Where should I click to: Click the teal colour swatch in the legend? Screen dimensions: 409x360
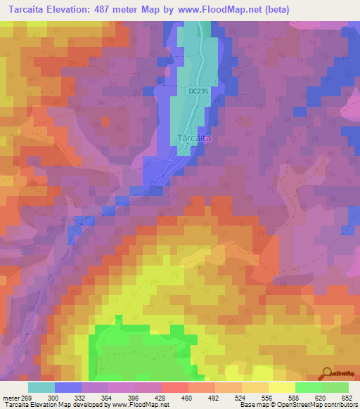pos(41,387)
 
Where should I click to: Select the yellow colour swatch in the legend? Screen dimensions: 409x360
pos(282,387)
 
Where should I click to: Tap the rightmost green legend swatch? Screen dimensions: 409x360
pos(335,387)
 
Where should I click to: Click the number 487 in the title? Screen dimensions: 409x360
pos(110,10)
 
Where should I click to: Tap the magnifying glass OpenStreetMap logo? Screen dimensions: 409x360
pos(327,373)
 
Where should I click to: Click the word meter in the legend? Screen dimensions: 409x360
pos(10,397)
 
